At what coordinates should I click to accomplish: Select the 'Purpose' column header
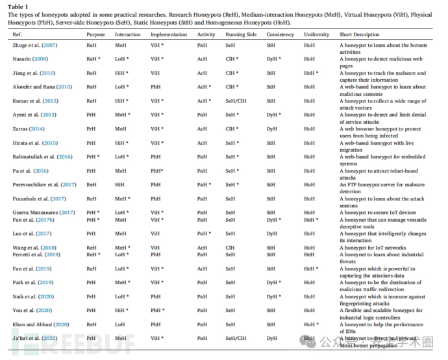pyautogui.click(x=95, y=34)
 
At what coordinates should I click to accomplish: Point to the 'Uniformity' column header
pyautogui.click(x=316, y=34)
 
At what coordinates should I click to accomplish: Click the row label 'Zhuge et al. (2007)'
pyautogui.click(x=34, y=45)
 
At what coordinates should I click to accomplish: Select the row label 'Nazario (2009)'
pyautogui.click(x=30, y=59)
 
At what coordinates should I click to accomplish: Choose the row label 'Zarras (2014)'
pyautogui.click(x=29, y=129)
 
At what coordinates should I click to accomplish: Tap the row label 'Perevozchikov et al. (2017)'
pyautogui.click(x=44, y=185)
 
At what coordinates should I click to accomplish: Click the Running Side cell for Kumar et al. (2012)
pyautogui.click(x=237, y=101)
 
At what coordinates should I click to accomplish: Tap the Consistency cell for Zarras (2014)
pyautogui.click(x=271, y=129)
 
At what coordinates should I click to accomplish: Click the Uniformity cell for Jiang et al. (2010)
pyautogui.click(x=311, y=73)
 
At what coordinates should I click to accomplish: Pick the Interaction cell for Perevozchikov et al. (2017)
pyautogui.click(x=121, y=185)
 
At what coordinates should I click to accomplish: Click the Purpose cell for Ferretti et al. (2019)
pyautogui.click(x=93, y=254)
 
